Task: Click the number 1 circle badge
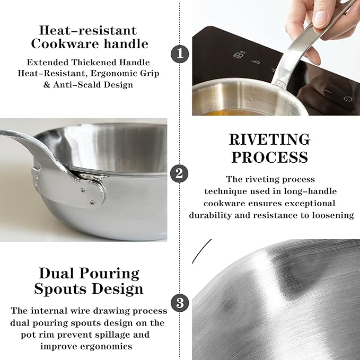click(x=180, y=54)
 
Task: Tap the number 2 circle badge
click(x=179, y=173)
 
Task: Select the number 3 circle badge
click(x=180, y=303)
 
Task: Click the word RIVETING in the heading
click(x=269, y=139)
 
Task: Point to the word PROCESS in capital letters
click(x=269, y=157)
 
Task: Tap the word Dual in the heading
click(x=55, y=273)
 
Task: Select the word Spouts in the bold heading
click(x=60, y=289)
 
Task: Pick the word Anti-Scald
click(x=77, y=85)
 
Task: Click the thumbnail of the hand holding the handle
click(x=276, y=58)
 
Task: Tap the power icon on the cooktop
click(x=348, y=99)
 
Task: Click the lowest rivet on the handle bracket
click(x=93, y=203)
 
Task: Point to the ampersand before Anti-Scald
click(x=47, y=85)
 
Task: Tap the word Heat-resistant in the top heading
click(x=88, y=30)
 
